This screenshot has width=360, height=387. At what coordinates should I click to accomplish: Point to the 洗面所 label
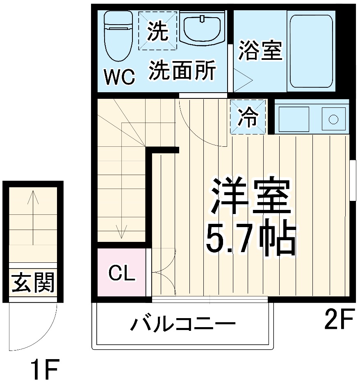point(182,71)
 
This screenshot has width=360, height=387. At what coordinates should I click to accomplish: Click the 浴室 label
point(260,50)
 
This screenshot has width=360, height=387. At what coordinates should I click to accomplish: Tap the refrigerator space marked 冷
point(248,117)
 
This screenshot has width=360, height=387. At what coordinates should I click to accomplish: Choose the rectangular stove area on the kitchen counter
point(294,119)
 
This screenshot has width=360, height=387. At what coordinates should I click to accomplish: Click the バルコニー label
point(183,325)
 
